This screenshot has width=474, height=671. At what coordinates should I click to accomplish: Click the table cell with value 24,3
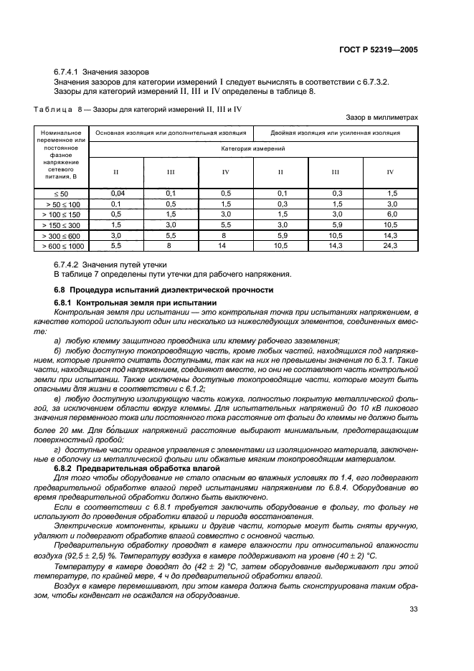(391, 245)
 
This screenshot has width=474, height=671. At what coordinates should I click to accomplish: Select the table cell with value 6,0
(391, 214)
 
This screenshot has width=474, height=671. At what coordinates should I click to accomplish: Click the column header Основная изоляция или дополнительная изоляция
(171, 133)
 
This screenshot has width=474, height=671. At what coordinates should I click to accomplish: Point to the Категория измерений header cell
(253, 148)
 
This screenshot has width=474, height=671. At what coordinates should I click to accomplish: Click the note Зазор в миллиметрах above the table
(381, 116)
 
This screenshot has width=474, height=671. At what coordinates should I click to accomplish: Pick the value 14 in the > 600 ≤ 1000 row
(226, 245)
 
